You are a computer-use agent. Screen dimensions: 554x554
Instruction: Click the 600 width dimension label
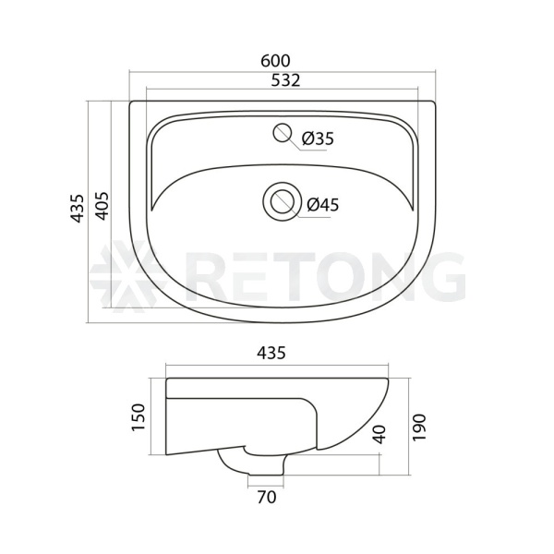tap(275, 61)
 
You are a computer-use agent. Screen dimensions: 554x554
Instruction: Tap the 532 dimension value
tap(285, 80)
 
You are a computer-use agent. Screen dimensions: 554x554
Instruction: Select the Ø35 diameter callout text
tap(318, 138)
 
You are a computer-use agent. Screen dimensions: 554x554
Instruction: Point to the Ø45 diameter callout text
tap(322, 205)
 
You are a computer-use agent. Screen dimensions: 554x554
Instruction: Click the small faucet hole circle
tap(282, 133)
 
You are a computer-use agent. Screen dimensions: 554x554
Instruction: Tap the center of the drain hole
tap(283, 201)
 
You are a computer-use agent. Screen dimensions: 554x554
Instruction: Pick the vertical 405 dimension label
tap(102, 206)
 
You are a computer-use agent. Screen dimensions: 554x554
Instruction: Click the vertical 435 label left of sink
tap(77, 209)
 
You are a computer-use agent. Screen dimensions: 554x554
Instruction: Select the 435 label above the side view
tap(271, 353)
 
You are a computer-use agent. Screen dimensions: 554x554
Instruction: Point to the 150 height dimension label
tap(138, 417)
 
